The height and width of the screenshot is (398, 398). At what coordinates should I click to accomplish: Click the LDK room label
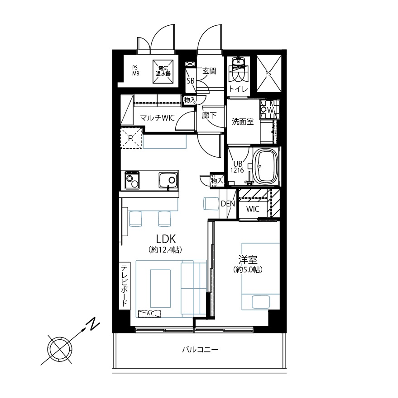166,239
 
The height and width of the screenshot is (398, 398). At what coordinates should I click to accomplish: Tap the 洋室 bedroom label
248,260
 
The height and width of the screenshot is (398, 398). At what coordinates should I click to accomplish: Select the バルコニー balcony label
200,350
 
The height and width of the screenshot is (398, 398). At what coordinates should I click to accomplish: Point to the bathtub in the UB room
266,167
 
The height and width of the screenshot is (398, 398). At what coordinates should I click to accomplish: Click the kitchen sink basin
168,180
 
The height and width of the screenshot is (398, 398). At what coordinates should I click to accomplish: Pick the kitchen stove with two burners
132,180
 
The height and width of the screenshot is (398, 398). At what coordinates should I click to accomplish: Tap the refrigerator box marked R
131,138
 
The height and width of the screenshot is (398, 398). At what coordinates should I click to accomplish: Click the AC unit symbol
149,314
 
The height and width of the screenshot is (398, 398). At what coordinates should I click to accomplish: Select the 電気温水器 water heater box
163,71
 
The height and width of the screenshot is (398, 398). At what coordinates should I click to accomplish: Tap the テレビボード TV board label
124,286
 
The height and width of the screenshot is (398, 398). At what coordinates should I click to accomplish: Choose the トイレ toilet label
238,89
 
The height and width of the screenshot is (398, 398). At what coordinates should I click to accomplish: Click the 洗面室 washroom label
243,122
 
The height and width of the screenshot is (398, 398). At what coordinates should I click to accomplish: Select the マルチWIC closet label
157,118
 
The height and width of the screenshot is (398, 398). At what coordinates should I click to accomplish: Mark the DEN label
228,204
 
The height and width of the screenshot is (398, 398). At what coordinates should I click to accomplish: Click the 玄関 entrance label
209,71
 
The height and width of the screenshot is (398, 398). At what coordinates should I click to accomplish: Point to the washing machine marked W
270,110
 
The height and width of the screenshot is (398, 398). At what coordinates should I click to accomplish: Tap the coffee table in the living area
160,289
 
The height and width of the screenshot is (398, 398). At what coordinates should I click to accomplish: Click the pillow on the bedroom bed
261,302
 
